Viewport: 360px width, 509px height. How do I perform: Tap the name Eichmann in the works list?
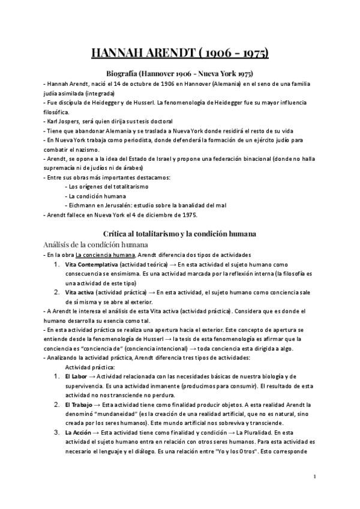pyautogui.click(x=83, y=205)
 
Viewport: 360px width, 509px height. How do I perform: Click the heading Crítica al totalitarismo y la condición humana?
pyautogui.click(x=180, y=232)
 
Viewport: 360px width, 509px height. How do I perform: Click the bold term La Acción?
pyautogui.click(x=80, y=433)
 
